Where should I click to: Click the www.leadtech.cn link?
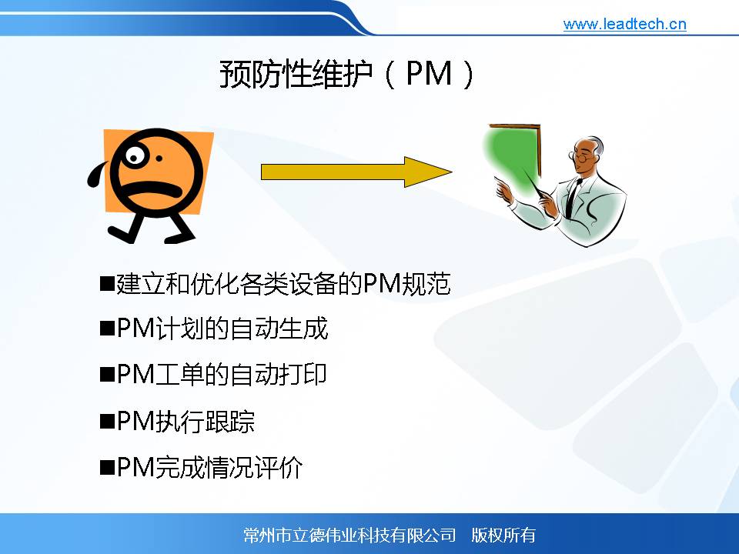624,24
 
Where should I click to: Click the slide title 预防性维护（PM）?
347,74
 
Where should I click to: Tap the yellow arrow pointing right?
356,172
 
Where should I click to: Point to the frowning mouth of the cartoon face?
151,190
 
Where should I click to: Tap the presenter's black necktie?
572,198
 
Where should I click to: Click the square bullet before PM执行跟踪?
108,421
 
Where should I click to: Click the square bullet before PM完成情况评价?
108,467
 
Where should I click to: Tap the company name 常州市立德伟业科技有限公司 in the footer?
349,536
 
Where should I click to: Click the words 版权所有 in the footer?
503,536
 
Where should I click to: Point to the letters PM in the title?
429,74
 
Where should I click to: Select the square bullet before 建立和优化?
108,284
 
